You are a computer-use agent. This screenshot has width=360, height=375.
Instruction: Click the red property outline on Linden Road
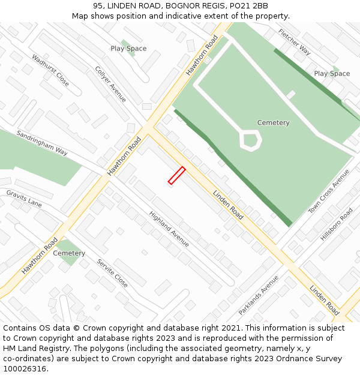pos(176,175)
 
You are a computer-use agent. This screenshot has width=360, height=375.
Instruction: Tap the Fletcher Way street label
pos(294,41)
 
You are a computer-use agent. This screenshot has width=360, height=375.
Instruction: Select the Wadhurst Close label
pos(50,70)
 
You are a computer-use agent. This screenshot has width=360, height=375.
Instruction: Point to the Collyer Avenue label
pos(110,84)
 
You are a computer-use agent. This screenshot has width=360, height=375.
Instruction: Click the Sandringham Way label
pos(42,143)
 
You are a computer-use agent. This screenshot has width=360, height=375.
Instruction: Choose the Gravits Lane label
pos(24,199)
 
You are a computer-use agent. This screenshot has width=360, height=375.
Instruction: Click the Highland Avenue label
pos(169,229)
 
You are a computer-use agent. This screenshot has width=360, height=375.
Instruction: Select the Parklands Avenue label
pos(259,295)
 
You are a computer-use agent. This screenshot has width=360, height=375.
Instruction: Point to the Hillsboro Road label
pos(337,224)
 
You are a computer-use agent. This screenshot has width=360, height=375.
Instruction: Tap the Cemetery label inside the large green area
pos(273,123)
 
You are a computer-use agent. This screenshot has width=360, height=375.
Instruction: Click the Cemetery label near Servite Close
pos(69,253)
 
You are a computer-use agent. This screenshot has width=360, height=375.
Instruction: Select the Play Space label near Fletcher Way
pos(332,74)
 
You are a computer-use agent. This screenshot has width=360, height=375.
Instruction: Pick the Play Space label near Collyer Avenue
pos(128,49)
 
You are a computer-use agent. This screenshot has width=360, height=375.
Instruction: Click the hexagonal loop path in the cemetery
pos(250,140)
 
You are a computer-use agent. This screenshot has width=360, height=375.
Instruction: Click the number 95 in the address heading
pos(98,6)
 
